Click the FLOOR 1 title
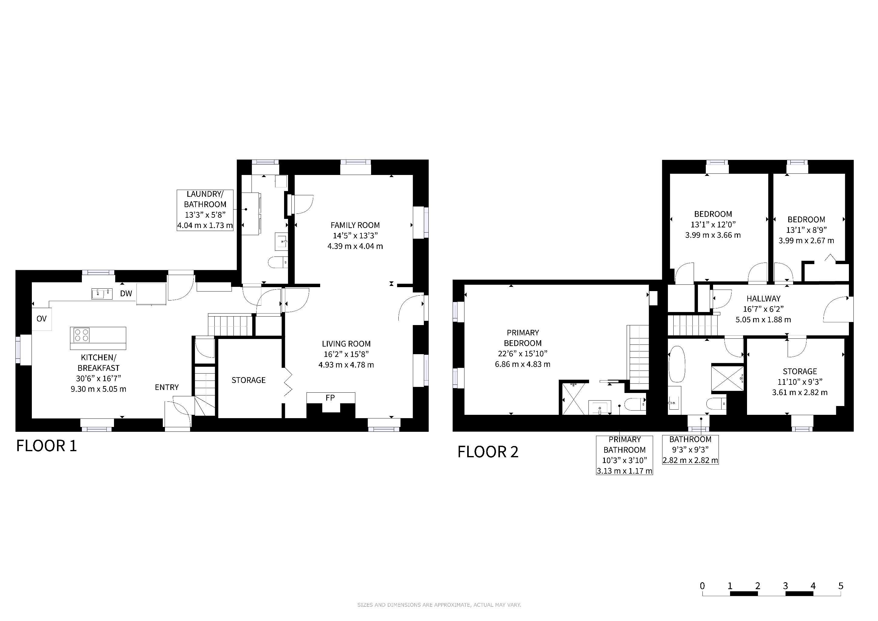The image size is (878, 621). click(x=46, y=446)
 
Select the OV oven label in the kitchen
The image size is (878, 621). click(x=41, y=318)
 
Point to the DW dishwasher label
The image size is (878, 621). click(x=126, y=293)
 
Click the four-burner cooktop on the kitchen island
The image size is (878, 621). click(x=82, y=335)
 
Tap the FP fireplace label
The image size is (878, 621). click(x=330, y=398)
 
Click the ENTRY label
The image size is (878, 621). click(x=167, y=387)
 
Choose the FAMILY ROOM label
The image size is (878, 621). click(x=355, y=225)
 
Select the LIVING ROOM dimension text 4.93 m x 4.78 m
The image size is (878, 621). click(x=346, y=365)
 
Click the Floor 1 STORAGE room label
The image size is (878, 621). click(x=249, y=380)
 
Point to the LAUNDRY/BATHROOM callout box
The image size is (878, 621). click(x=205, y=210)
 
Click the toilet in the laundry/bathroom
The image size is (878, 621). click(x=278, y=262)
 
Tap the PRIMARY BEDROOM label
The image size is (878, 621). click(x=523, y=338)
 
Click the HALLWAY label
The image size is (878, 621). click(x=763, y=299)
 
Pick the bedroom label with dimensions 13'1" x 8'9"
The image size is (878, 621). click(x=806, y=220)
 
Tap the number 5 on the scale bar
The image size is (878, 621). click(x=841, y=586)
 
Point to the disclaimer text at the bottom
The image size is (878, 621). click(x=439, y=605)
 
